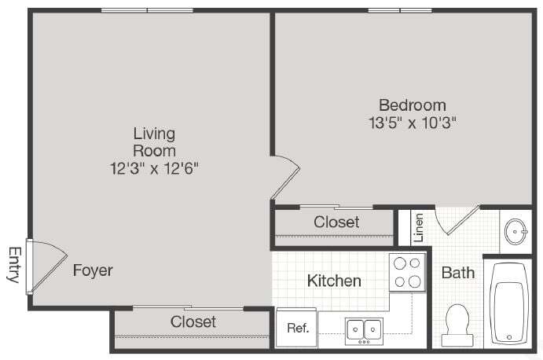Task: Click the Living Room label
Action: coord(154,141)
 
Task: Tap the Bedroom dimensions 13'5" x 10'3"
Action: coord(413,123)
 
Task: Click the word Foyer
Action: coord(93,271)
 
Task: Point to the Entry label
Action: coord(13,265)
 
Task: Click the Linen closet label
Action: coord(419,227)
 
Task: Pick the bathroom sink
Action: coord(515,231)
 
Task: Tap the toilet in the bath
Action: coord(457,324)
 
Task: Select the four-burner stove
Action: coord(407,273)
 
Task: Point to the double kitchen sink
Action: coord(364,329)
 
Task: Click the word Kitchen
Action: coord(334,281)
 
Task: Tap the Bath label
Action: coord(457,273)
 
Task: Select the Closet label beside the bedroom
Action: coord(336,222)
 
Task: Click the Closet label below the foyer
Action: coord(193,321)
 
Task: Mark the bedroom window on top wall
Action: coord(400,10)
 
